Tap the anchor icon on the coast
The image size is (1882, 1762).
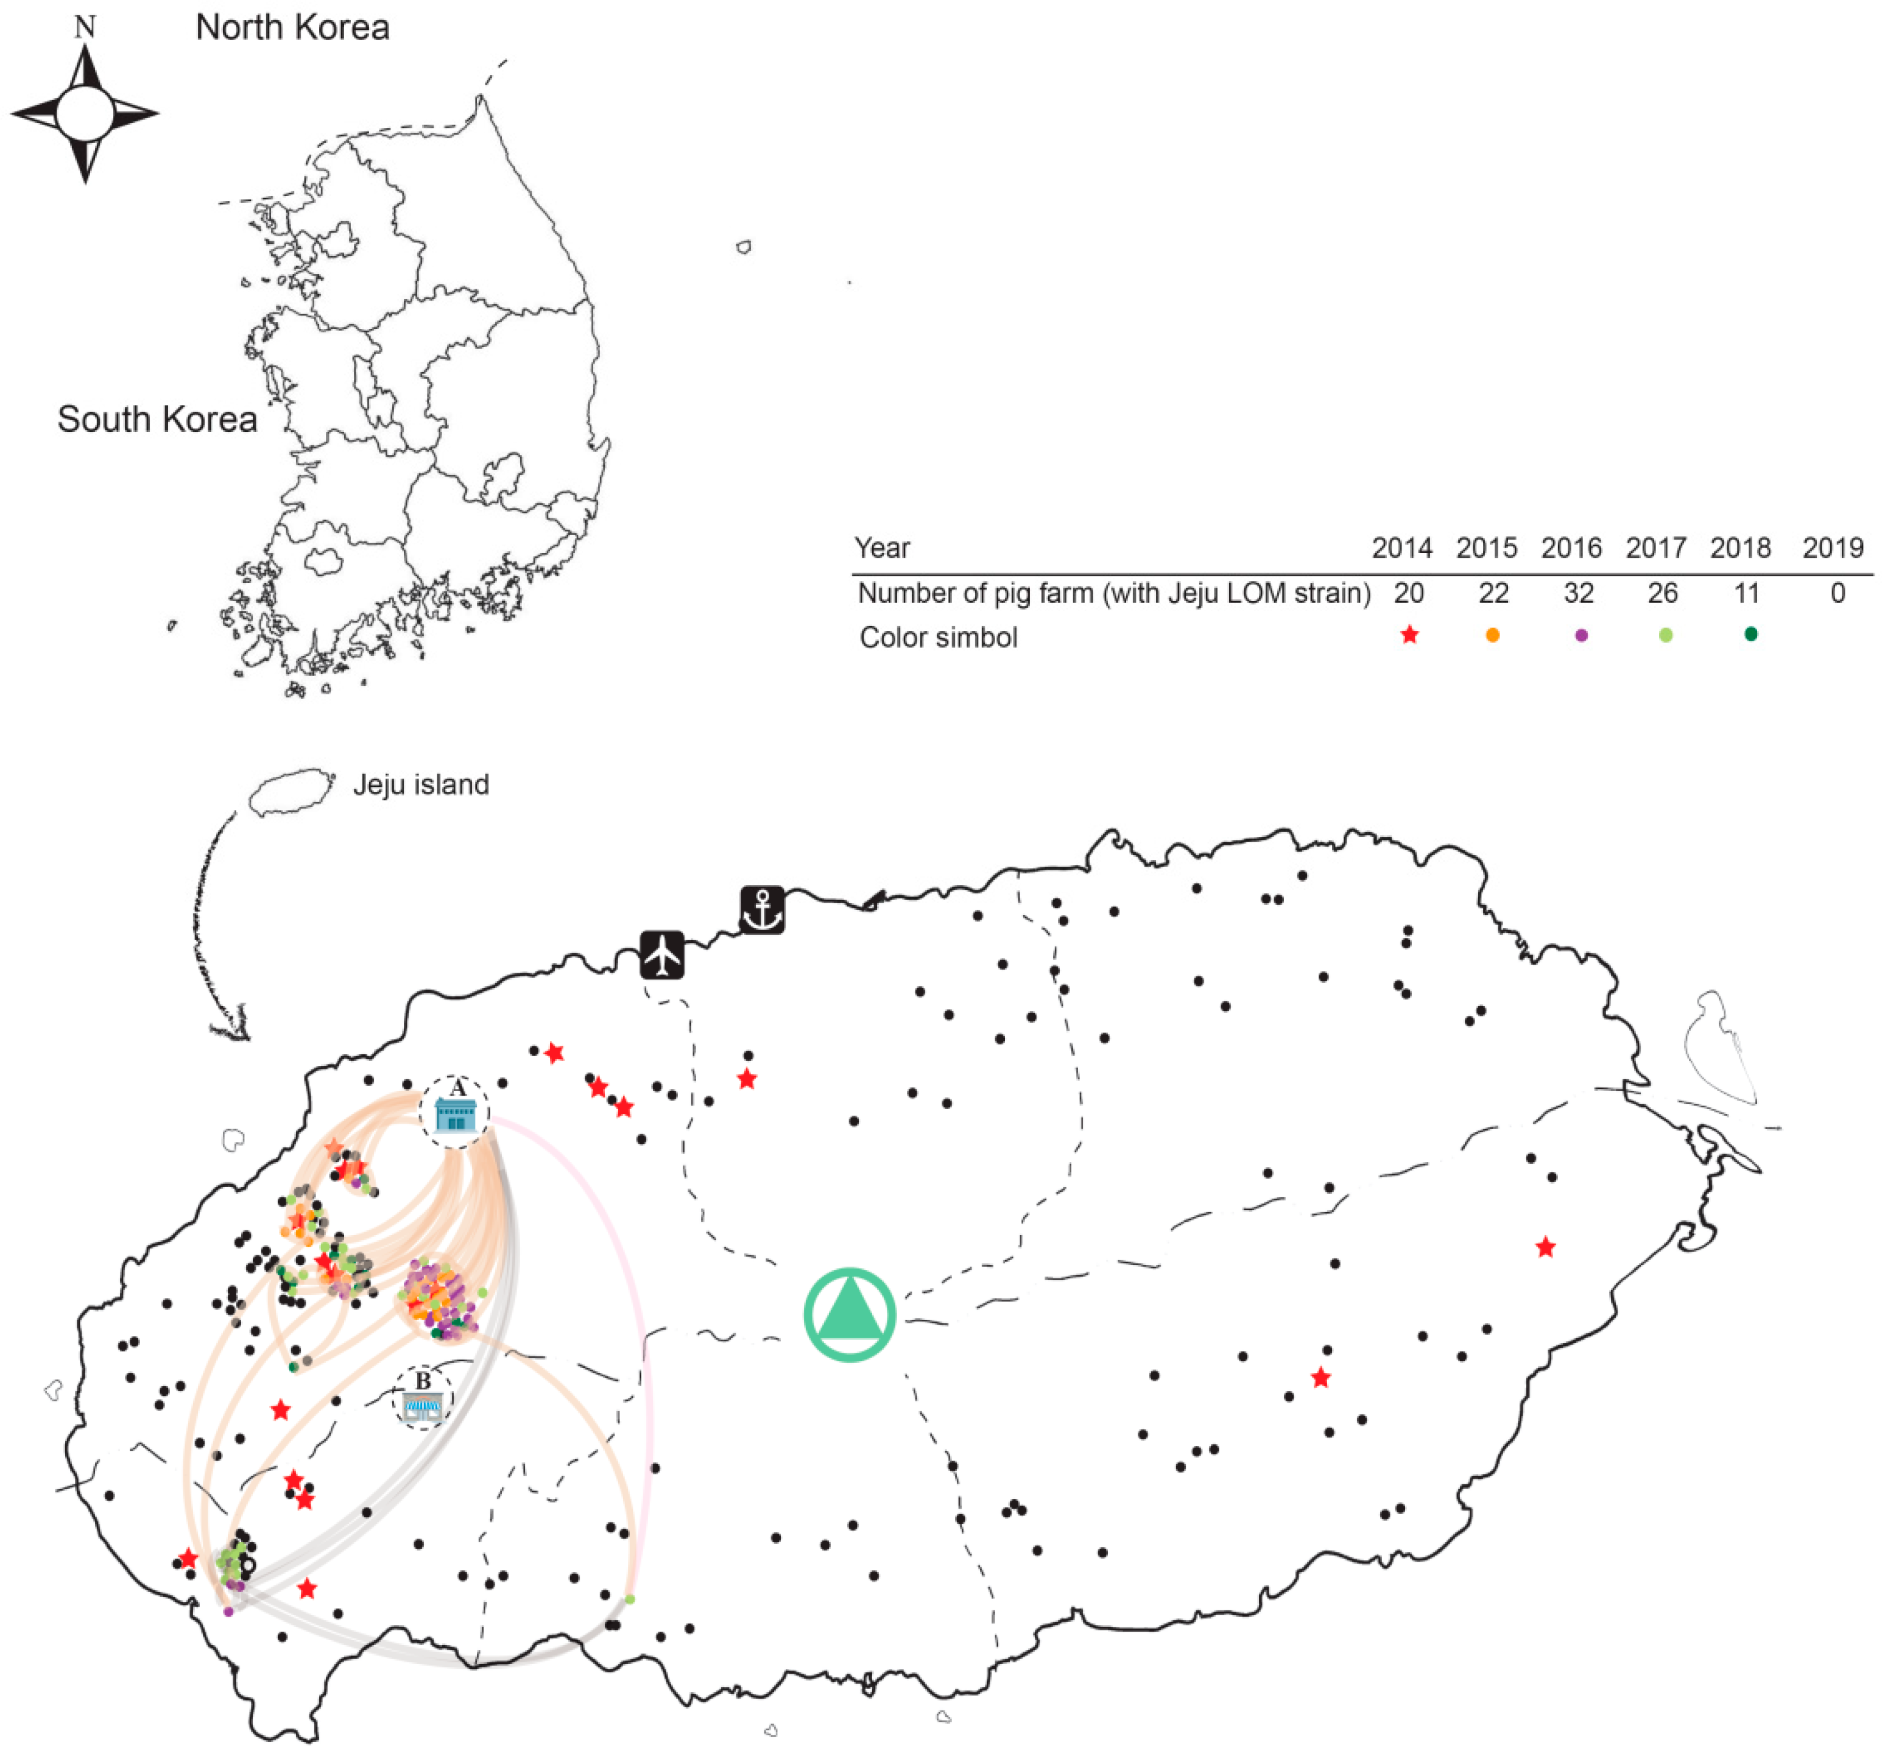click(x=762, y=911)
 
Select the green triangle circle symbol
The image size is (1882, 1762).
click(x=849, y=1315)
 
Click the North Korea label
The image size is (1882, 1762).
click(x=292, y=27)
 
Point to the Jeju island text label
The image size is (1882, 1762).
click(x=421, y=785)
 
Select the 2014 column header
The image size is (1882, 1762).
click(x=1402, y=548)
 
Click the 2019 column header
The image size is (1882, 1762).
click(x=1833, y=548)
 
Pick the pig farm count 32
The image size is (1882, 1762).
click(x=1578, y=594)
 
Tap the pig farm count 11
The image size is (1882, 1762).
click(x=1747, y=594)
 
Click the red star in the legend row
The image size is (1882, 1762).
click(x=1409, y=635)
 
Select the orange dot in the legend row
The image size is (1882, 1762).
click(x=1493, y=635)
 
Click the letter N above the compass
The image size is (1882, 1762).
click(x=85, y=27)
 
